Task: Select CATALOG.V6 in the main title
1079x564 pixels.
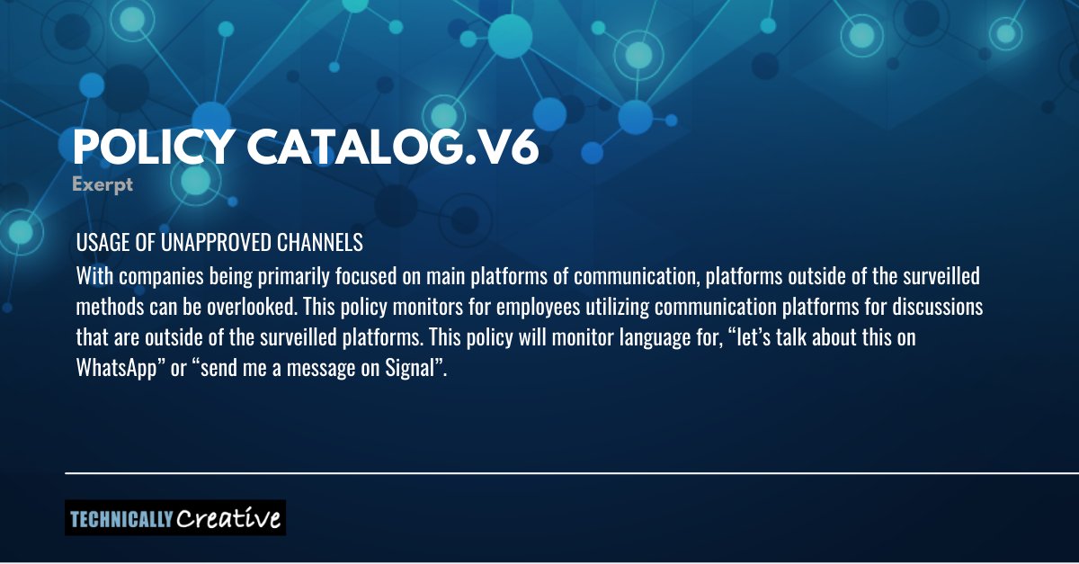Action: click(396, 148)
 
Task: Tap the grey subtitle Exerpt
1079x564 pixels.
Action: click(103, 185)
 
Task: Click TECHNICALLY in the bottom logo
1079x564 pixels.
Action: click(120, 519)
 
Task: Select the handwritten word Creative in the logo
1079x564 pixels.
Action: click(228, 518)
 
